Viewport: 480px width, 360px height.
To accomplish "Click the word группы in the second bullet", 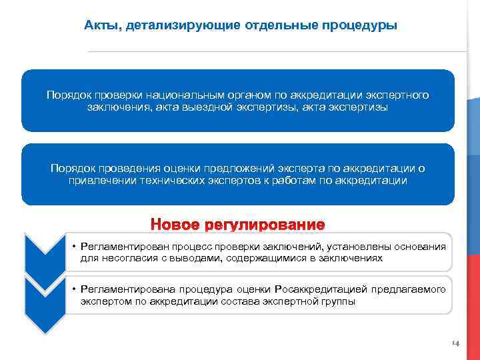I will click(x=341, y=301).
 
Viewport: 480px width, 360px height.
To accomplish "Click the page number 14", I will click(x=455, y=343).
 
